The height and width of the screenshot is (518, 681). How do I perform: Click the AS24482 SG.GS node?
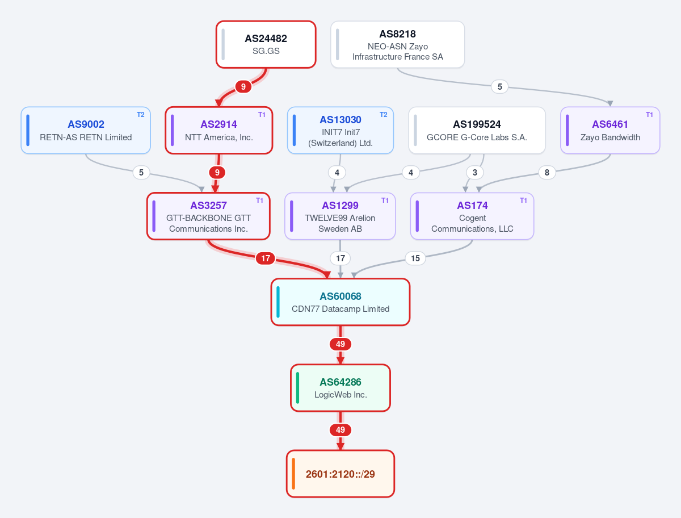(x=266, y=44)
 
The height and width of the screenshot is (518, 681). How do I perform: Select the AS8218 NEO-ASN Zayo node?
(x=397, y=44)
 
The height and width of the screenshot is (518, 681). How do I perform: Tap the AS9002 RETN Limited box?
(x=86, y=131)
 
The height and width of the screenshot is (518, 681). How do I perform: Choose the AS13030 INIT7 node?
(x=340, y=131)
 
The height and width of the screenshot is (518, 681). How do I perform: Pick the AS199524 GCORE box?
(x=477, y=131)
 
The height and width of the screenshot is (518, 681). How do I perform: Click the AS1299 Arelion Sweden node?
(x=340, y=216)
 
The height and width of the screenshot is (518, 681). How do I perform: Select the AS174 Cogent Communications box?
(x=472, y=216)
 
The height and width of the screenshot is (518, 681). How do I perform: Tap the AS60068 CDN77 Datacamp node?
(x=340, y=302)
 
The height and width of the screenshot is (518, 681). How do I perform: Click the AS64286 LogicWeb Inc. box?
(x=340, y=388)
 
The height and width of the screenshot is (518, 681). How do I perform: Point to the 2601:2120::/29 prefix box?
(x=340, y=474)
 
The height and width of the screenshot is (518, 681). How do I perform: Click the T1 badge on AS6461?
(x=649, y=115)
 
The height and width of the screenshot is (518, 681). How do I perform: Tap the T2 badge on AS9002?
(x=141, y=115)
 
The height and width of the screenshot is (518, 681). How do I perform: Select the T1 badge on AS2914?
(x=262, y=115)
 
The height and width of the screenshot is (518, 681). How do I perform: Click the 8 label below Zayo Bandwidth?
(x=547, y=173)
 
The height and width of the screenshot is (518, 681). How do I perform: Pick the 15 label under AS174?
(x=415, y=258)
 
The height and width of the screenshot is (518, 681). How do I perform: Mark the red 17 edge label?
(x=265, y=258)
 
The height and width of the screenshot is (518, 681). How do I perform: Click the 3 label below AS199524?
(x=474, y=173)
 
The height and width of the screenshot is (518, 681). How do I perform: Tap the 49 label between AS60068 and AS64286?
(x=340, y=344)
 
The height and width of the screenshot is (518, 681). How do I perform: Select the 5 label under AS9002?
(x=141, y=173)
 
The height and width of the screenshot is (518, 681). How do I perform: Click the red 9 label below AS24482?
(x=243, y=86)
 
